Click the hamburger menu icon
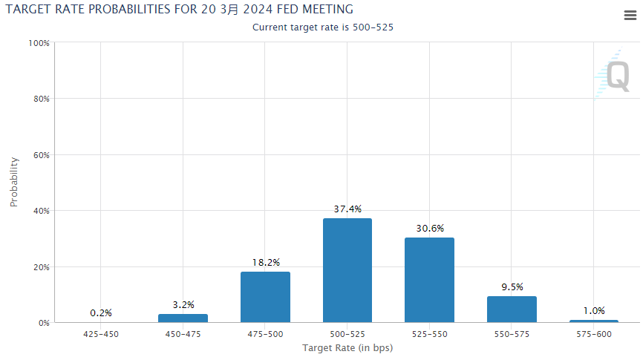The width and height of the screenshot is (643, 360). click(x=630, y=16)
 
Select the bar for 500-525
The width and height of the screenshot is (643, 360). click(x=347, y=271)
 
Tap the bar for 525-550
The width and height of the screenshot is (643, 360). click(x=429, y=281)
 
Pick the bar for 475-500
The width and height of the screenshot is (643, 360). click(x=265, y=297)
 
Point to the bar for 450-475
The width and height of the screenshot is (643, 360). click(x=183, y=318)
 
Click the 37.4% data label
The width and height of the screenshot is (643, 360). click(x=347, y=209)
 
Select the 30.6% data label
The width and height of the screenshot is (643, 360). click(x=429, y=229)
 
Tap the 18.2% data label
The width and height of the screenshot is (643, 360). click(x=265, y=263)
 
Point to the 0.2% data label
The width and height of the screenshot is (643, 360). click(x=100, y=313)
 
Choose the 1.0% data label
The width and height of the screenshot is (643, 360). click(x=593, y=311)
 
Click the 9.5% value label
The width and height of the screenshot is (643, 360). click(x=512, y=287)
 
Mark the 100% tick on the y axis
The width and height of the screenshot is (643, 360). click(x=39, y=43)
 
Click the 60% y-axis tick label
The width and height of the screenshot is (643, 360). click(x=40, y=155)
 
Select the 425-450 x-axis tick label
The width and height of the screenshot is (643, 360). click(x=100, y=335)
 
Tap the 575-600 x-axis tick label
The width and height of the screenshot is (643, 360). click(x=593, y=335)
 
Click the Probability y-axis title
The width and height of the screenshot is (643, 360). click(x=13, y=182)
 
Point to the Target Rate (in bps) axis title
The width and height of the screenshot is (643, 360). click(x=347, y=348)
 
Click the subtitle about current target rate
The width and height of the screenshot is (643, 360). click(x=322, y=27)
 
